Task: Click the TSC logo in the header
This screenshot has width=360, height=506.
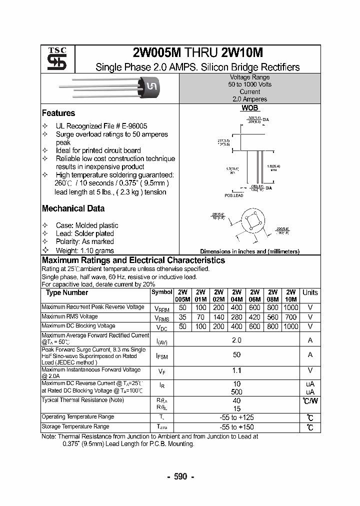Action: point(53,59)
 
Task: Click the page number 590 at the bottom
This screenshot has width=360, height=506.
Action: point(180,476)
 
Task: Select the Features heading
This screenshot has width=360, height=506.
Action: point(58,113)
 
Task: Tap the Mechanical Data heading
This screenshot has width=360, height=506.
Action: point(73,208)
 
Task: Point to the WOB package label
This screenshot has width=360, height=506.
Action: point(249,108)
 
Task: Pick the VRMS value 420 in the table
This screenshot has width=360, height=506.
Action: point(254,317)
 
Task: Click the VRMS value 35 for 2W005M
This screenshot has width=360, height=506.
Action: point(182,317)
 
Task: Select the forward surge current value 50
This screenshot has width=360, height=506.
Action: point(236,355)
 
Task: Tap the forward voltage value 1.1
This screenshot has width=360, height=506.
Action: point(236,370)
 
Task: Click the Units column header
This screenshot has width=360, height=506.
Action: point(310,292)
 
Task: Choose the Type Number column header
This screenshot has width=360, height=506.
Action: point(67,292)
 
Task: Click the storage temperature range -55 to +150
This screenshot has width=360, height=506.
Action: point(236,427)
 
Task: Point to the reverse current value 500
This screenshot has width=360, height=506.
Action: point(236,392)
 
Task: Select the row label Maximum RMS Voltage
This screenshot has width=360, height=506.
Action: point(69,316)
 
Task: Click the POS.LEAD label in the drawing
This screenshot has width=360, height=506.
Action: point(234,195)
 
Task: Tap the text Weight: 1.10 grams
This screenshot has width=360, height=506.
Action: point(84,250)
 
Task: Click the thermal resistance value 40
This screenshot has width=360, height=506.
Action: point(236,401)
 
